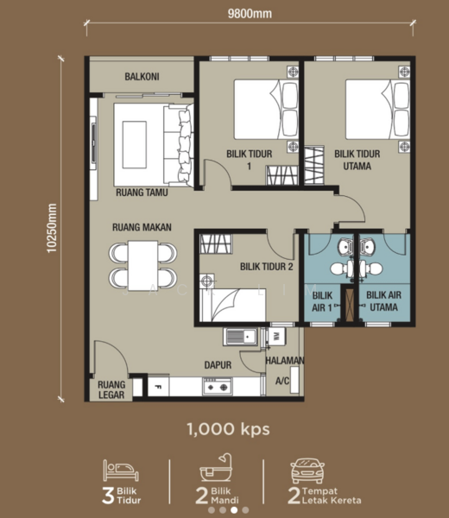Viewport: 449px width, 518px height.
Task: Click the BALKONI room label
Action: [142, 77]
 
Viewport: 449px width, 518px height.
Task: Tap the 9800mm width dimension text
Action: [250, 14]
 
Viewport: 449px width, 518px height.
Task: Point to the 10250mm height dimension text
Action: [52, 228]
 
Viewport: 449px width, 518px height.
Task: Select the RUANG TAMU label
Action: [142, 193]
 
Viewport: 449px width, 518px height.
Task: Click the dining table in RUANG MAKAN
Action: [142, 266]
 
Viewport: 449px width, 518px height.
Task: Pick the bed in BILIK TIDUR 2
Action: [232, 305]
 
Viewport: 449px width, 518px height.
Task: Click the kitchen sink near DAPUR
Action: [240, 337]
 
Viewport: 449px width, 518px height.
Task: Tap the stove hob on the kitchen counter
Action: [218, 386]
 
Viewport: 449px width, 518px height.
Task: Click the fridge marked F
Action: [158, 386]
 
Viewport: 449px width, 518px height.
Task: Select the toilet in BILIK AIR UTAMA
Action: [371, 268]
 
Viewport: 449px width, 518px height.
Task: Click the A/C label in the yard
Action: [282, 381]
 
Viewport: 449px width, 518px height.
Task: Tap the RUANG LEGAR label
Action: [111, 389]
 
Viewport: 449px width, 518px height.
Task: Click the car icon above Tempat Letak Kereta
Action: [307, 471]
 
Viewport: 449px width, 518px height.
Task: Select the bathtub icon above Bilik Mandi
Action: [217, 467]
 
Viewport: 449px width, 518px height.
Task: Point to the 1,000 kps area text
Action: [228, 429]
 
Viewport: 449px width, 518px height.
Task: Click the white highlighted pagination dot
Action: [234, 510]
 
